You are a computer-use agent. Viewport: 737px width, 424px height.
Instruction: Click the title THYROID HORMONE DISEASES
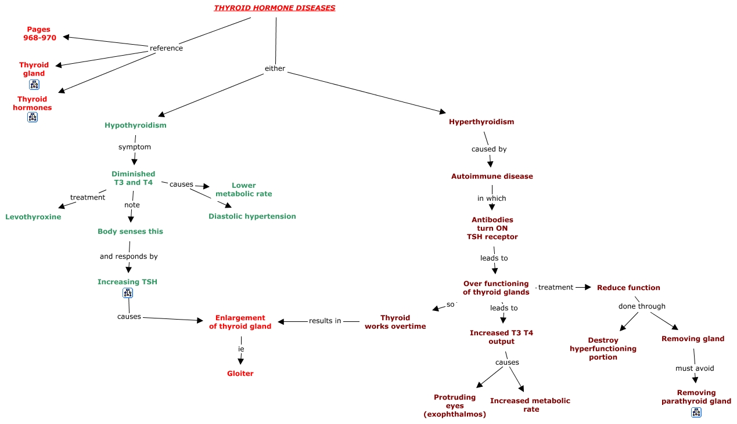pyautogui.click(x=274, y=8)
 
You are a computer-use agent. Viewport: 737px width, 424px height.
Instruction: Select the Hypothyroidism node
pyautogui.click(x=135, y=125)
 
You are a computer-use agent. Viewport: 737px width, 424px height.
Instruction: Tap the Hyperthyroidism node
pyautogui.click(x=481, y=122)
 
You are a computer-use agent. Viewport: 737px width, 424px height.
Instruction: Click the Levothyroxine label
pyautogui.click(x=33, y=217)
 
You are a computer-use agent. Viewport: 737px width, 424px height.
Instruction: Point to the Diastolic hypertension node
pyautogui.click(x=252, y=216)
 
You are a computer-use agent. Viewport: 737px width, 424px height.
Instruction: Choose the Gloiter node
pyautogui.click(x=240, y=374)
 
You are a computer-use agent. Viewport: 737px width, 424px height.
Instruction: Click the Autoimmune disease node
pyautogui.click(x=492, y=176)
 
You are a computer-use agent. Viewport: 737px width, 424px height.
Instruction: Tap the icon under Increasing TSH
pyautogui.click(x=128, y=293)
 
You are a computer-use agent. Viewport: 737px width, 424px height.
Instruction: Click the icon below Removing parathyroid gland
pyautogui.click(x=696, y=412)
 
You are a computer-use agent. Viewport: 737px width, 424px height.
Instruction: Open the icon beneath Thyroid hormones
pyautogui.click(x=33, y=117)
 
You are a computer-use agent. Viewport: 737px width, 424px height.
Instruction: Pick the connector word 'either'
pyautogui.click(x=275, y=68)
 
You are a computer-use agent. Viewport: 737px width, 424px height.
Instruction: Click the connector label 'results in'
pyautogui.click(x=325, y=321)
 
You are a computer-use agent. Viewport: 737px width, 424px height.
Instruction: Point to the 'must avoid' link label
pyautogui.click(x=695, y=368)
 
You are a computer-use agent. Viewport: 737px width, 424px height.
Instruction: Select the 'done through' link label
pyautogui.click(x=642, y=306)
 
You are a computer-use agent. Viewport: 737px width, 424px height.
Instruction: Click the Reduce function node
pyautogui.click(x=628, y=288)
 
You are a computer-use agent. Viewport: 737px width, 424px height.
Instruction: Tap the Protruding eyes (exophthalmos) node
pyautogui.click(x=455, y=405)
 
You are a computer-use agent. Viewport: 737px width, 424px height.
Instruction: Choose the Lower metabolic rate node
pyautogui.click(x=244, y=190)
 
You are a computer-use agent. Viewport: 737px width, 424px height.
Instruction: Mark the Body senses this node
pyautogui.click(x=130, y=231)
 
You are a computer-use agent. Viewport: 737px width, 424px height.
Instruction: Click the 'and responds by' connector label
pyautogui.click(x=128, y=256)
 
